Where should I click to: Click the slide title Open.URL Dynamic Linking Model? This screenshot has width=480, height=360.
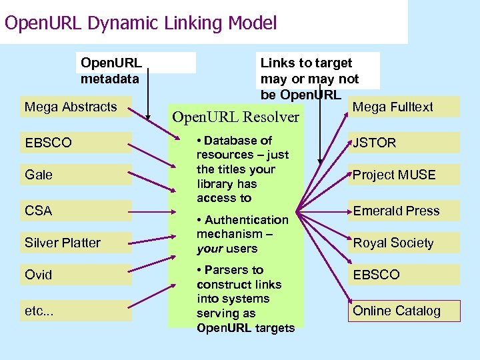(x=140, y=23)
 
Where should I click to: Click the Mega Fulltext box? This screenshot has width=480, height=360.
(x=403, y=107)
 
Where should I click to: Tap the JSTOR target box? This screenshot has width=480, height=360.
(x=403, y=143)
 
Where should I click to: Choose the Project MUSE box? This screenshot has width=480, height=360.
(x=403, y=175)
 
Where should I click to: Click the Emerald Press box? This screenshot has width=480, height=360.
(x=403, y=211)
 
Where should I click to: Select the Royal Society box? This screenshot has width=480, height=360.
(x=403, y=243)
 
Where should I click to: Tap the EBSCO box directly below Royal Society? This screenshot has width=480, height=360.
(x=403, y=275)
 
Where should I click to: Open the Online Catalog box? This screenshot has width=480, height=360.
(x=403, y=311)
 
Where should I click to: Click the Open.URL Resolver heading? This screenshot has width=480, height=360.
(x=235, y=117)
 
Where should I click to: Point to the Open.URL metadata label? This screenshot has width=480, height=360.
(x=111, y=71)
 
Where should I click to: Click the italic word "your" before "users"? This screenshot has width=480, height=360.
(x=210, y=249)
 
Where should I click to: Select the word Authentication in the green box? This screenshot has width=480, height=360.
(x=247, y=219)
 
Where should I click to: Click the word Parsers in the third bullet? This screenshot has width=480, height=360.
(x=227, y=270)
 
